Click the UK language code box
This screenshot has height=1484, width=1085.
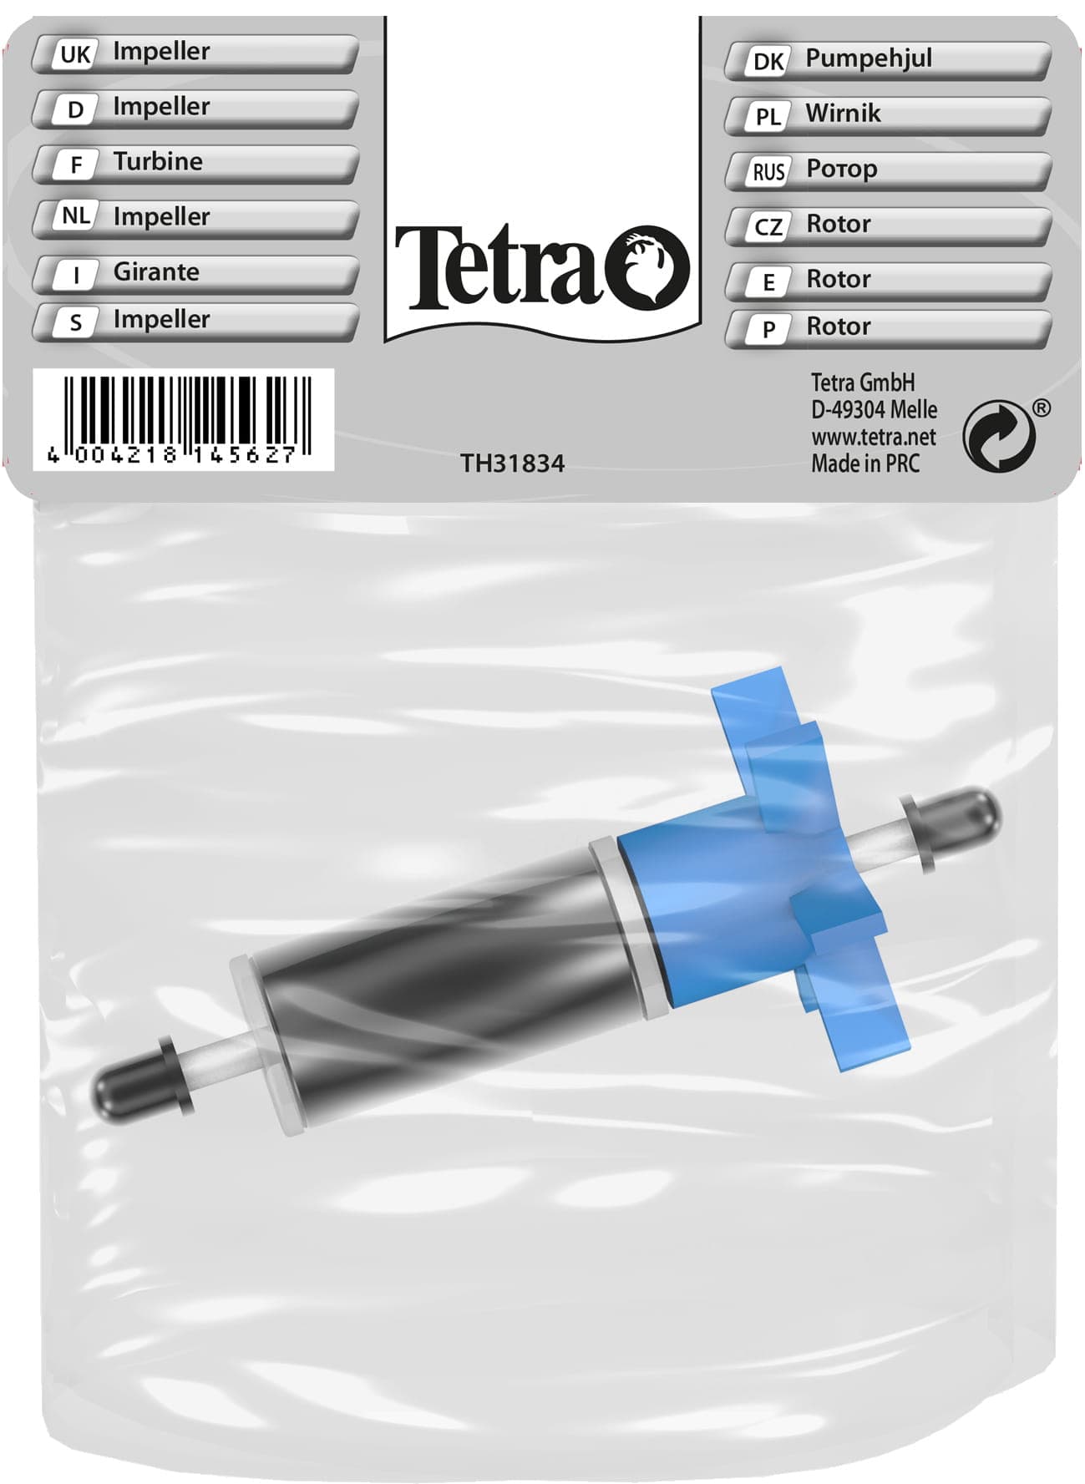point(74,55)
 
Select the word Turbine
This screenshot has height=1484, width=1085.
point(158,161)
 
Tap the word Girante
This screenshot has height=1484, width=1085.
point(156,271)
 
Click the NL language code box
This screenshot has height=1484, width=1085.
point(76,216)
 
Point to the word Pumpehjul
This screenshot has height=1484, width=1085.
point(868,58)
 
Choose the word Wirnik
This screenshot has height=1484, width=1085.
point(842,114)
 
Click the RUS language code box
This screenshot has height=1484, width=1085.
point(768,172)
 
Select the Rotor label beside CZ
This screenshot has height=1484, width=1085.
point(838,224)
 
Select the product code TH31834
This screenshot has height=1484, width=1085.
point(512,463)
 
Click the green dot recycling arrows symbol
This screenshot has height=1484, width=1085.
point(998,436)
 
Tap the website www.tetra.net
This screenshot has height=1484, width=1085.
point(873,437)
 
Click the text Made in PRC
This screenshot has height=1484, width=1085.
point(864,463)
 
